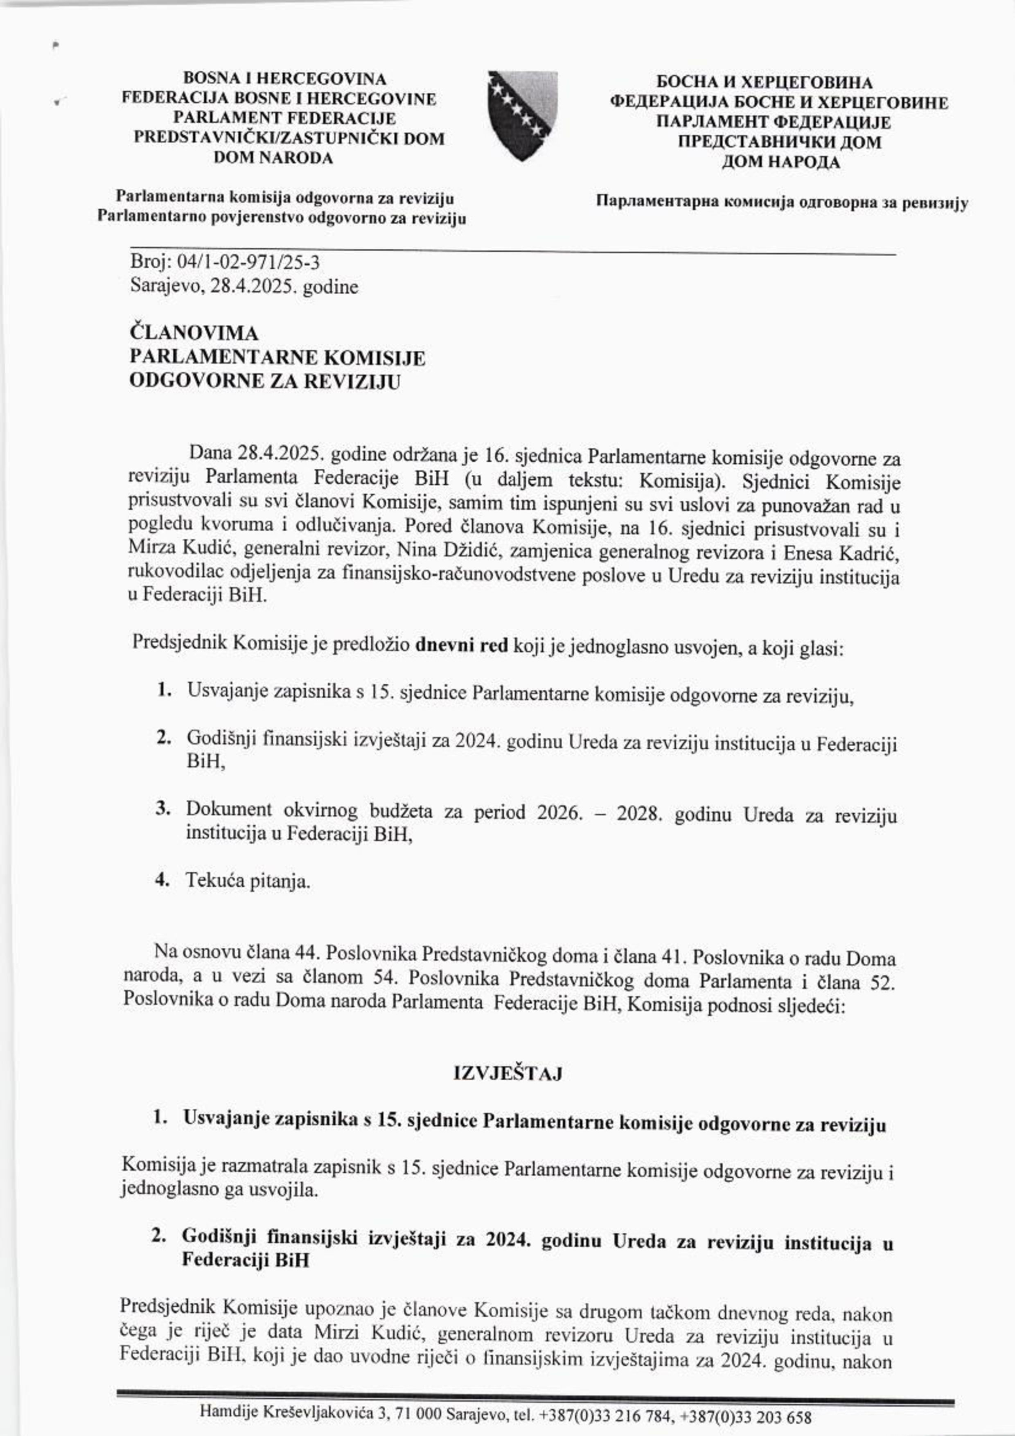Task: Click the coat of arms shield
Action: pyautogui.click(x=523, y=115)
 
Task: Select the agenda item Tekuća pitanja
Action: pyautogui.click(x=248, y=882)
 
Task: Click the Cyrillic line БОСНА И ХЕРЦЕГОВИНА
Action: pyautogui.click(x=764, y=83)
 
